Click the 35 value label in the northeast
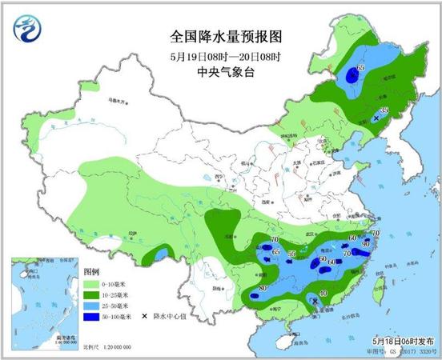(385, 110)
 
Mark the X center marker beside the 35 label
(379, 118)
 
